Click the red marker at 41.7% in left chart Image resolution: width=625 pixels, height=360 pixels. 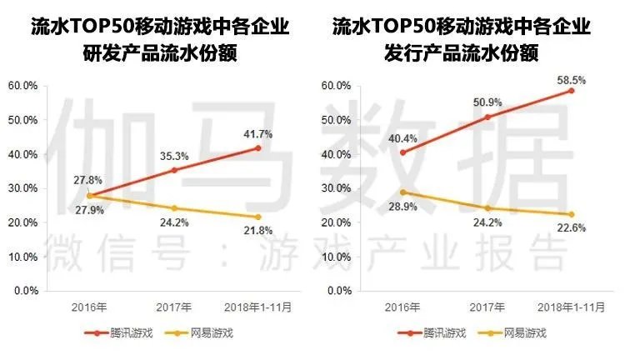point(258,148)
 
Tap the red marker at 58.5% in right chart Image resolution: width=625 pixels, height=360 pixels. point(572,90)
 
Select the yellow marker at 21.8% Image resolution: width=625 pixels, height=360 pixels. point(258,217)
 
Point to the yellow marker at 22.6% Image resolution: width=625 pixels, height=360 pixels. point(572,214)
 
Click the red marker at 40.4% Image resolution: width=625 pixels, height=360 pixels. point(403,152)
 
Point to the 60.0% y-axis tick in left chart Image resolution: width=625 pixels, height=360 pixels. point(22,86)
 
